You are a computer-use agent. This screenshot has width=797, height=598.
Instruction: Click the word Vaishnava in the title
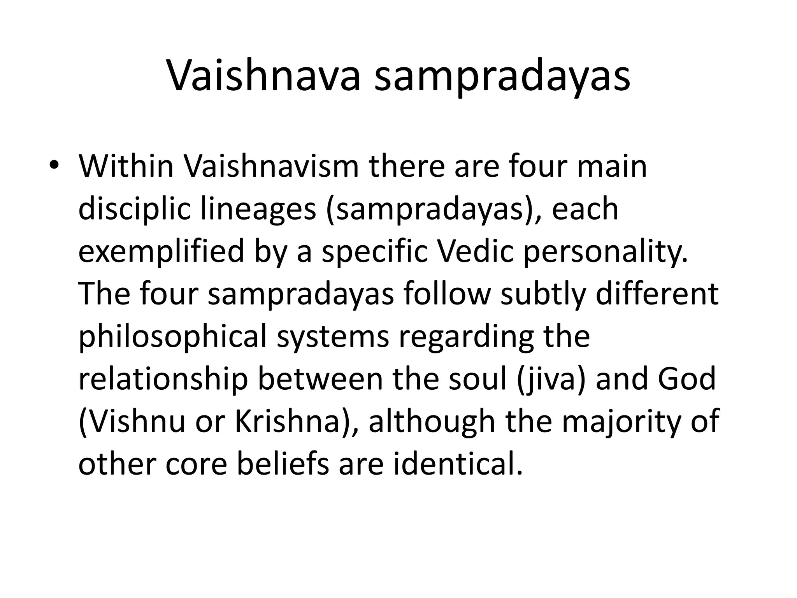click(263, 77)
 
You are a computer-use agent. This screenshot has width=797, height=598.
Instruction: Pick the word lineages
click(258, 209)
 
